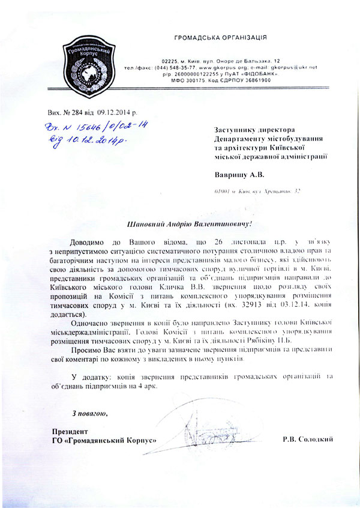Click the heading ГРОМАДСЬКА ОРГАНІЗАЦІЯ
(221, 37)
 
